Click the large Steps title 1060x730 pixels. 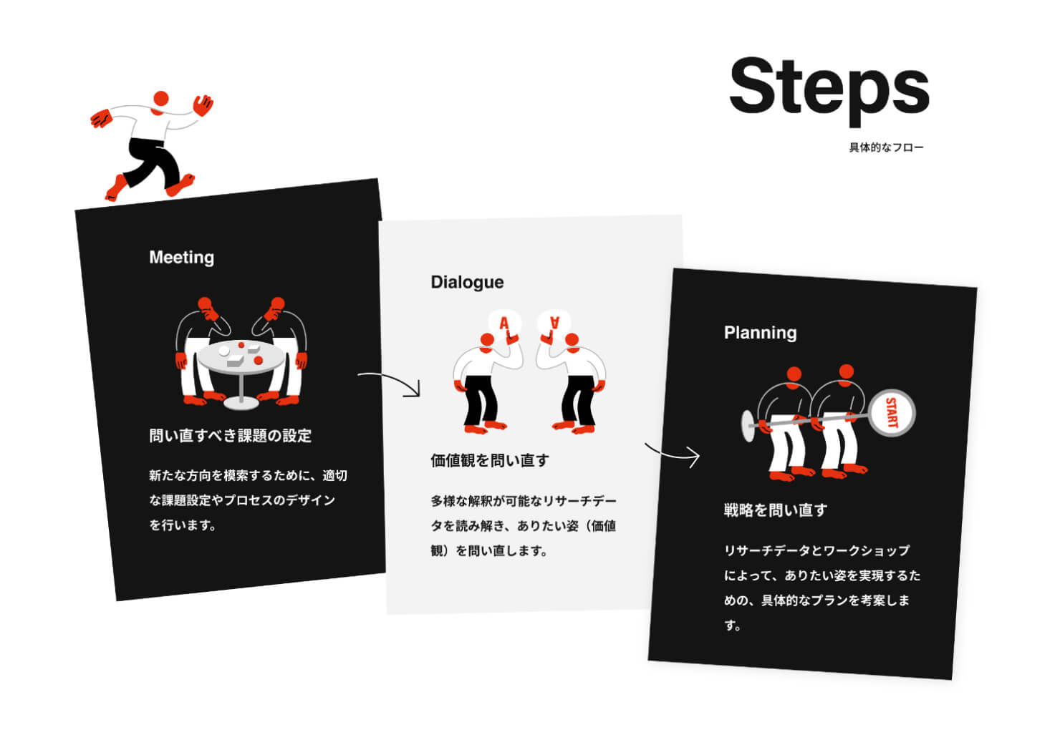[x=829, y=90]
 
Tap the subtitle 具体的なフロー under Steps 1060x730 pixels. [x=886, y=147]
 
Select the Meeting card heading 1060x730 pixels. [x=182, y=258]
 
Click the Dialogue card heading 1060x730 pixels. [x=467, y=282]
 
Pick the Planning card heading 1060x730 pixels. [x=760, y=333]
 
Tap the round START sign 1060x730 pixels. [x=892, y=413]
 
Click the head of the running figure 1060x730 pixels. [x=161, y=99]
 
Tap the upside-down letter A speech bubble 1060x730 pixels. [x=554, y=323]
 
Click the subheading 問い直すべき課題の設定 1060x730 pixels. [x=231, y=435]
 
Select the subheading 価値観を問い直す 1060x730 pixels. [x=490, y=460]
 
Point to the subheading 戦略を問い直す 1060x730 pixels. [x=776, y=510]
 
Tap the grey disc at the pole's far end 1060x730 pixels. [x=748, y=426]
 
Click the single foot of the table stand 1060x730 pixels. [x=241, y=403]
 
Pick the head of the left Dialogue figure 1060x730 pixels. [x=487, y=340]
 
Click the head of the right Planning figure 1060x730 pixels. [x=846, y=372]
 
